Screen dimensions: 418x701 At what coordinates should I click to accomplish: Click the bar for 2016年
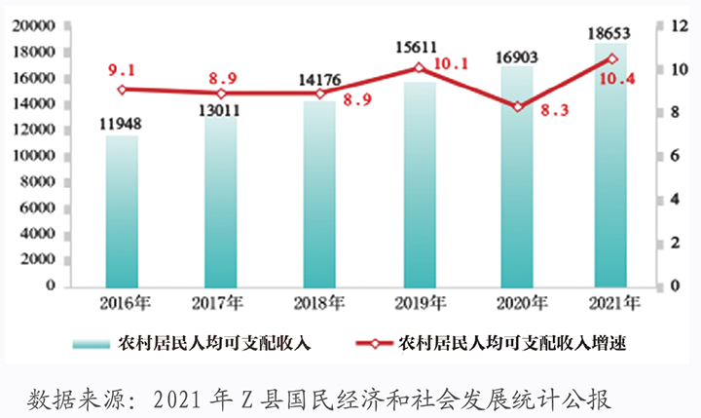[x=123, y=210]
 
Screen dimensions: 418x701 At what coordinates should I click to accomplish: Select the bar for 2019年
[x=419, y=184]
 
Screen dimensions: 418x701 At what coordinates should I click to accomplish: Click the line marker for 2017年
[x=222, y=94]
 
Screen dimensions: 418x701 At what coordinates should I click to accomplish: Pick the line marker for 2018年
[x=320, y=94]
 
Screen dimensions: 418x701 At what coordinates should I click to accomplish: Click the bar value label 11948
[x=122, y=124]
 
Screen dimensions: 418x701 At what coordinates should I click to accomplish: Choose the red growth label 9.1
[x=121, y=69]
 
